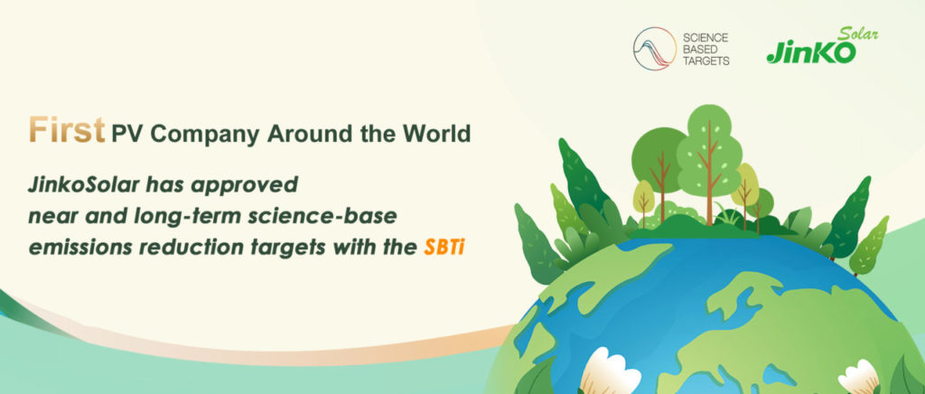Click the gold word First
coord(67,130)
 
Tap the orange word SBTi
coord(444,248)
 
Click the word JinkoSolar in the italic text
coord(84,184)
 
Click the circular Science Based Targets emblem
coord(655,49)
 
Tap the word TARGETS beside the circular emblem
coord(705,61)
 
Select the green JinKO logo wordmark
coord(811,52)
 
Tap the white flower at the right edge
coord(859,378)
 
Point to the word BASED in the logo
coord(696,49)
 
